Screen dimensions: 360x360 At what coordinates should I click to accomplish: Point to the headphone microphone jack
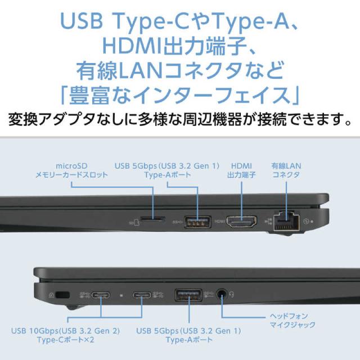click(223, 294)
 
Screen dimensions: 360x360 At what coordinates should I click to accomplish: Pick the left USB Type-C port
click(101, 295)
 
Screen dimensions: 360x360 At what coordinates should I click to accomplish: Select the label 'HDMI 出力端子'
click(241, 170)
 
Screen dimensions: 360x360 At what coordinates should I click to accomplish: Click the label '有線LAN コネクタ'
click(286, 170)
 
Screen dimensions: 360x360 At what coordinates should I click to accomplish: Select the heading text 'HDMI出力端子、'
click(179, 43)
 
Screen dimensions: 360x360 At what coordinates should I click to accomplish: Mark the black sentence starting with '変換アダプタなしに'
click(179, 119)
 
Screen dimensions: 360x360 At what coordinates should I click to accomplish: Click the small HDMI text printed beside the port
click(219, 221)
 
